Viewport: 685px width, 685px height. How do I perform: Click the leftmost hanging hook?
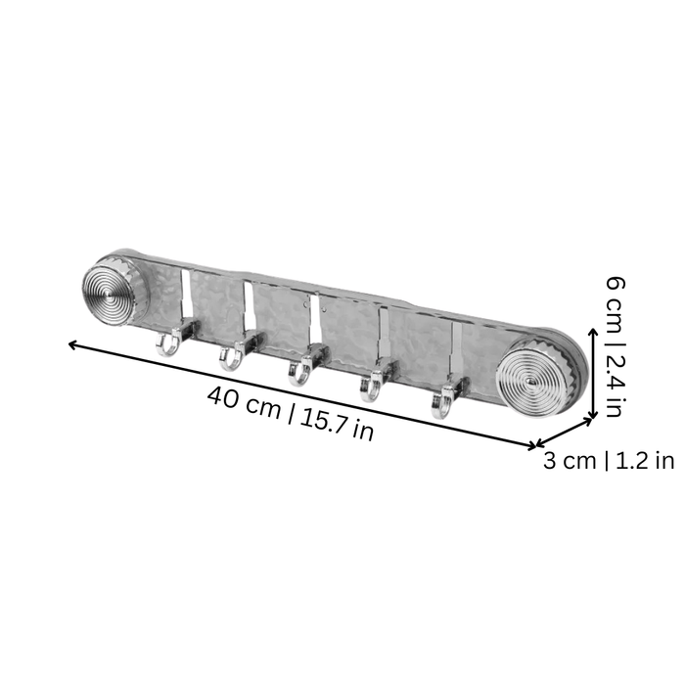(x=167, y=348)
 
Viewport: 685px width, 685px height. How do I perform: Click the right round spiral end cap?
(x=534, y=382)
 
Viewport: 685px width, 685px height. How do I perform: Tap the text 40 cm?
(x=245, y=402)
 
